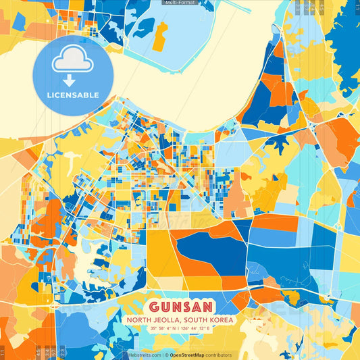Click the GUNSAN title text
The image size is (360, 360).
[180, 305]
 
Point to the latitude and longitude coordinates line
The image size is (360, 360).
[180, 328]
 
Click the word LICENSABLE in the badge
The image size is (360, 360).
[75, 95]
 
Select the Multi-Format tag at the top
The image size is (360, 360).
[180, 3]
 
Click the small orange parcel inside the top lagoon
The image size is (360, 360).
[160, 37]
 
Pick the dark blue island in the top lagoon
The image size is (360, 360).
[143, 27]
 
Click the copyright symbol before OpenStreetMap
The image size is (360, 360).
[166, 355]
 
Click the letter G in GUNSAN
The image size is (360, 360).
[151, 305]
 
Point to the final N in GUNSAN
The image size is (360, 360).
[208, 305]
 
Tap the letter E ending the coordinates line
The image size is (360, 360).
[209, 328]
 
